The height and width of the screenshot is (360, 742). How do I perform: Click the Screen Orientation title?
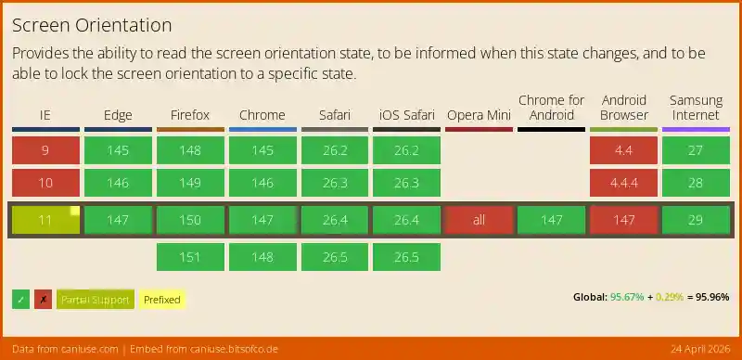(92, 24)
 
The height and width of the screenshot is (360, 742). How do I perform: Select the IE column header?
(45, 115)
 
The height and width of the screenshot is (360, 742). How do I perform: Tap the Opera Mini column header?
(479, 115)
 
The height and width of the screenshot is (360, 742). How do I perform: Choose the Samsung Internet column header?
(697, 108)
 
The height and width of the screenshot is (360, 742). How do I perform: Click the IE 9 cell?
(45, 150)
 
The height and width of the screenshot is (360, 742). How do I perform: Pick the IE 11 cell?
(45, 220)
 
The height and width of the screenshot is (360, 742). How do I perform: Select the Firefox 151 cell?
(190, 257)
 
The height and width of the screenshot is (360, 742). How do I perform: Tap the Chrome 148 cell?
(262, 257)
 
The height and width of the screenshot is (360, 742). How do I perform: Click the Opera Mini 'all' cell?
(479, 220)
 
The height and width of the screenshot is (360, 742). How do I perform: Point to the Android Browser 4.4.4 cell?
(624, 183)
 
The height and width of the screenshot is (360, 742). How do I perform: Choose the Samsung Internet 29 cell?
(697, 220)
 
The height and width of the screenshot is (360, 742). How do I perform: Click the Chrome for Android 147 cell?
(552, 220)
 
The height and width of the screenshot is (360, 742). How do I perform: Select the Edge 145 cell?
(118, 150)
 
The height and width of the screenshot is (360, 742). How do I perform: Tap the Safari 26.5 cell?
(334, 257)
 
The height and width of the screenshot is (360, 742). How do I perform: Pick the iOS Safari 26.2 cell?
(406, 150)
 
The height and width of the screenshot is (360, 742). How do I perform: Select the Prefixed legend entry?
(161, 300)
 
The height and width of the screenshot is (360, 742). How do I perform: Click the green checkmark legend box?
(20, 300)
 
